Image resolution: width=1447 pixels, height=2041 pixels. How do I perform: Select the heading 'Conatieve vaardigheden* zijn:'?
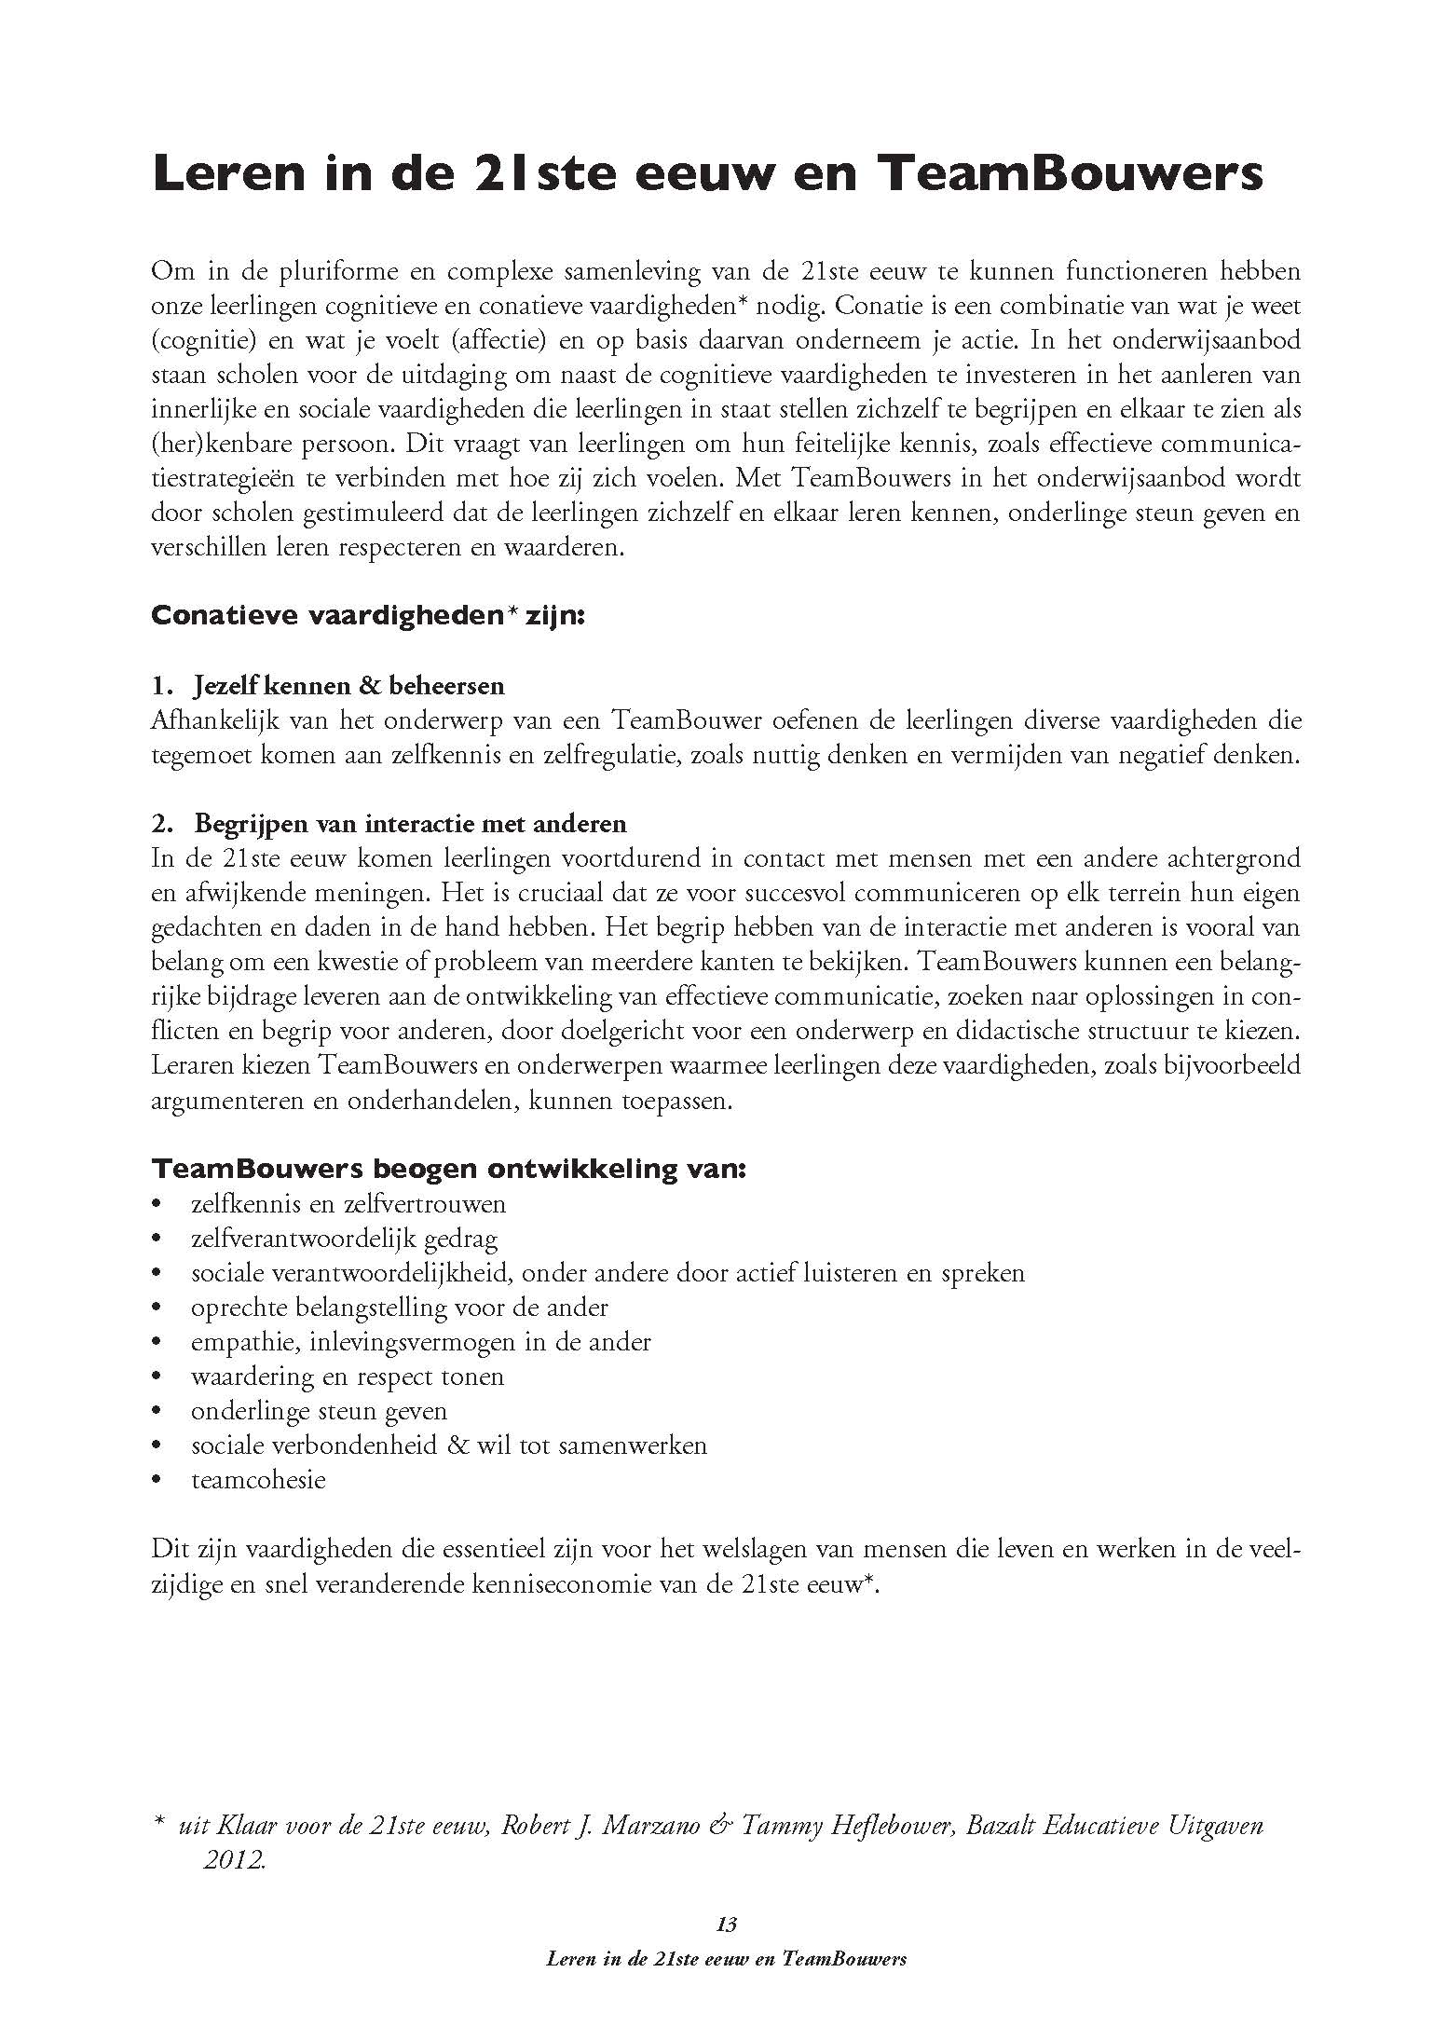coord(368,617)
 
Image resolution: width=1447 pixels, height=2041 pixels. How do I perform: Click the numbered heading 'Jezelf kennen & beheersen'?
coord(348,686)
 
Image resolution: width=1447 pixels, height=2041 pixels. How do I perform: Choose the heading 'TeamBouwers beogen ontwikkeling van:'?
coord(448,1169)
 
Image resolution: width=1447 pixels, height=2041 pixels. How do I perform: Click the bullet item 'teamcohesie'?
coord(258,1480)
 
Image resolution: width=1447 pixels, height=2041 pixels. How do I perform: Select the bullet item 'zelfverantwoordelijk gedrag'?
coord(344,1239)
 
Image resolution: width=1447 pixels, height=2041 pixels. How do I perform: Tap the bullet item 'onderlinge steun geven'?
coord(319,1411)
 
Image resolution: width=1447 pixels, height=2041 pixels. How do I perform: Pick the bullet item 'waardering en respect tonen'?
coord(347,1377)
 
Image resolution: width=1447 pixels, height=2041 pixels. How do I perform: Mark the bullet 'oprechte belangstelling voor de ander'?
coord(399,1308)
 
